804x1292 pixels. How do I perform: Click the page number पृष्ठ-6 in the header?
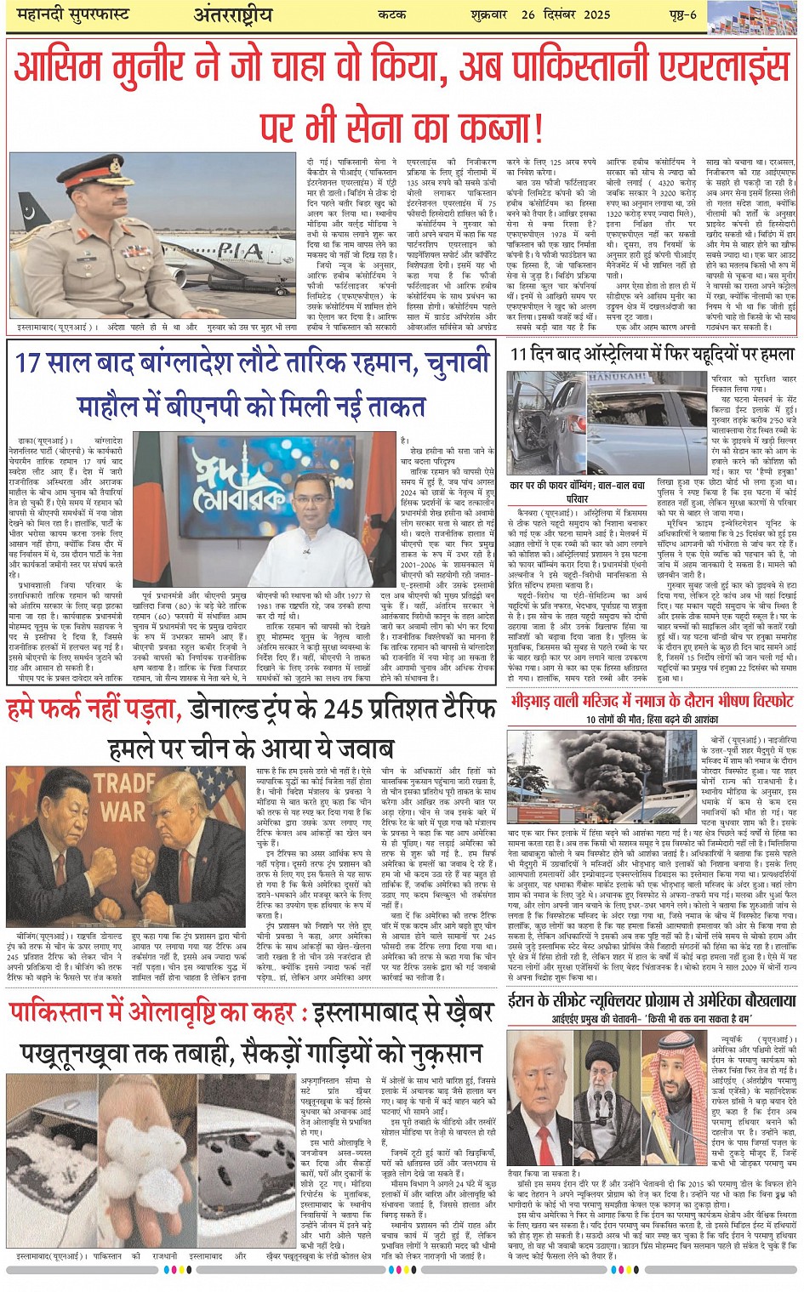coord(681,14)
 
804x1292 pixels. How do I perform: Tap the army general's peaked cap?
coord(88,175)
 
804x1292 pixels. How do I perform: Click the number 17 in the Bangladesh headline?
coord(29,361)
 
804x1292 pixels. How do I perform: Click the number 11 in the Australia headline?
coord(520,354)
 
